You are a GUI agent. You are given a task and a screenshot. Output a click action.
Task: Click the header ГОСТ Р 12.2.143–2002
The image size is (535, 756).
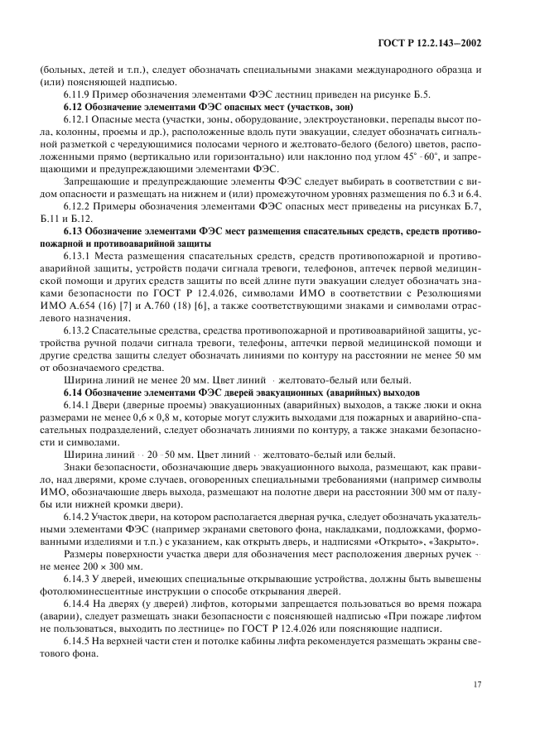pos(439,43)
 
